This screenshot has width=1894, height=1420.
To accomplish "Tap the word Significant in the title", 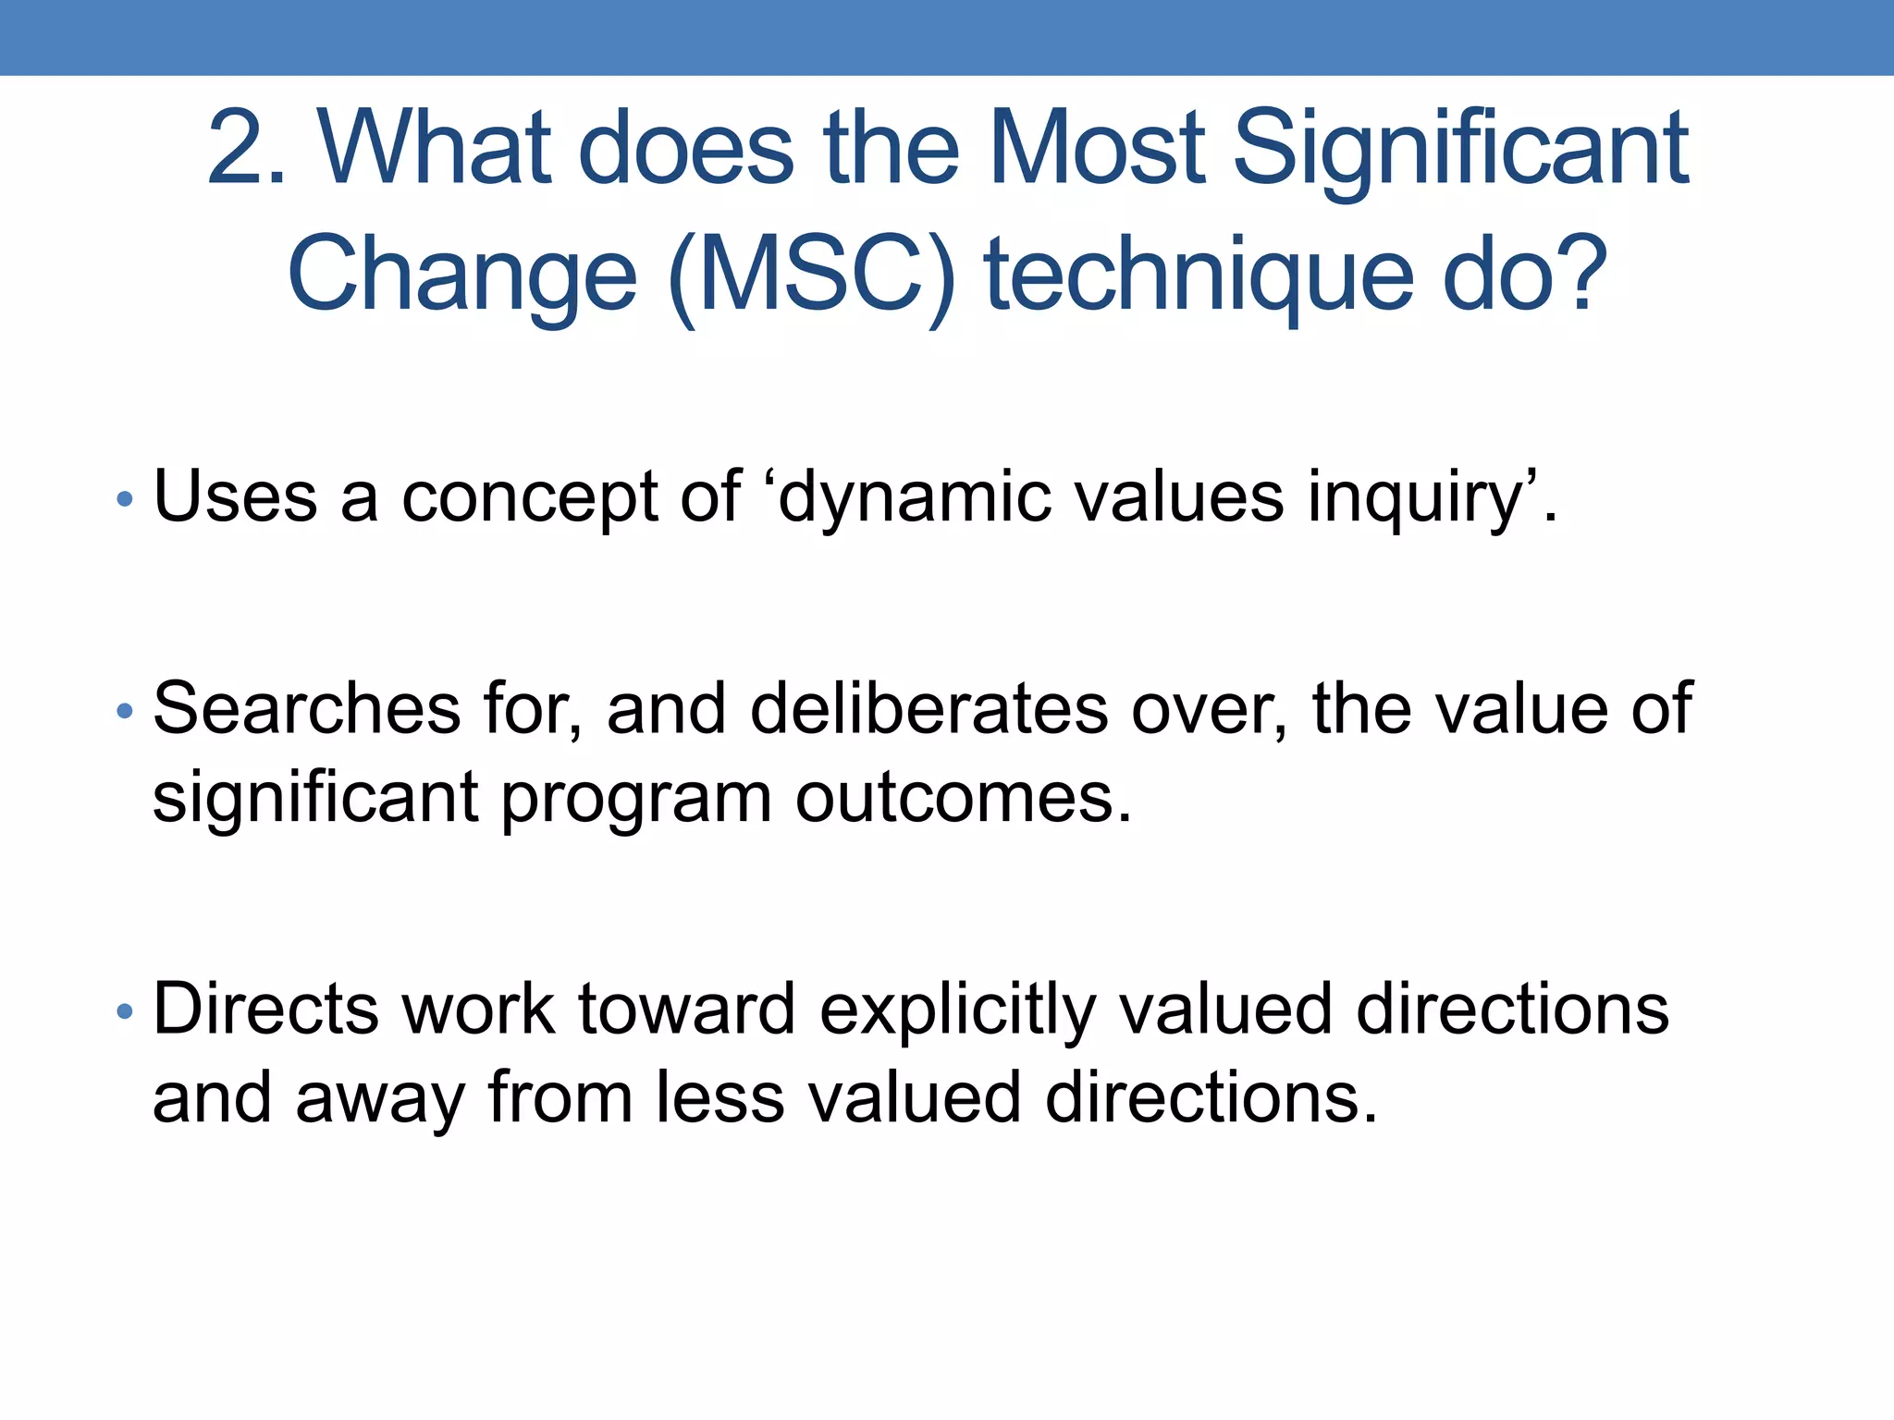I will [1460, 148].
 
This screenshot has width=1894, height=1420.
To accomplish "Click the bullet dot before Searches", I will [125, 711].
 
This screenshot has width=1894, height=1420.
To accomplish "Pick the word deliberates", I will [929, 708].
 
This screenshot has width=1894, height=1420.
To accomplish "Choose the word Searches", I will [306, 708].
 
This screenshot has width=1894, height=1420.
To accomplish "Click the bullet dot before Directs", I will [125, 1012].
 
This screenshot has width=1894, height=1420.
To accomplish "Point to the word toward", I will [687, 1009].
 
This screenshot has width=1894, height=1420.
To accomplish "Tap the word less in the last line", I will [719, 1097].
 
